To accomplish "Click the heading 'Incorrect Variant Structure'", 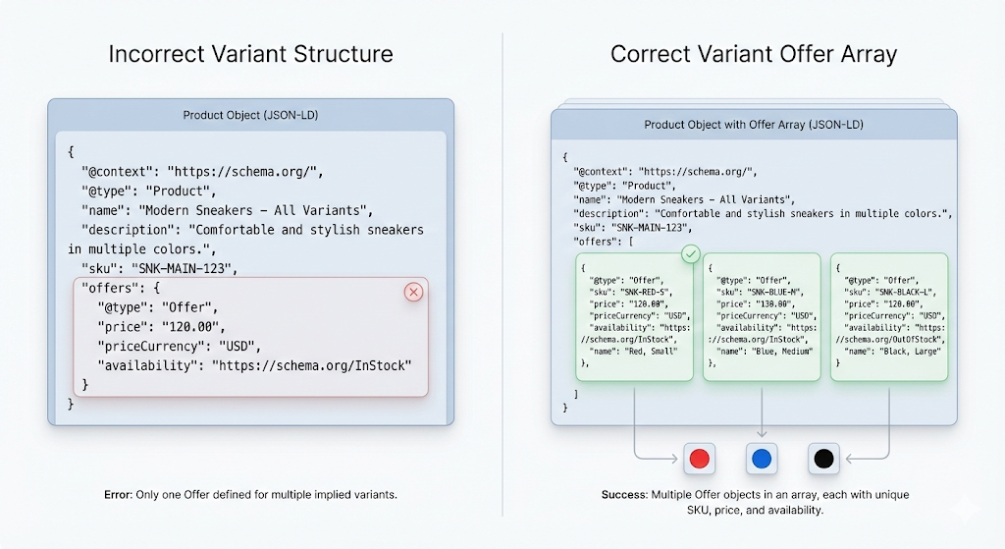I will pos(250,53).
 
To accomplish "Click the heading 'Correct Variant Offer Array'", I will pos(753,53).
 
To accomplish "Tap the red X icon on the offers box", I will pos(413,292).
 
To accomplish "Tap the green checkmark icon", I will pos(691,254).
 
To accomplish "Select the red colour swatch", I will pos(700,459).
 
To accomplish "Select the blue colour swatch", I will pos(762,459).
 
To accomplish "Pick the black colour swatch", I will pos(824,459).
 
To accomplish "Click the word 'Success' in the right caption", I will pos(623,495).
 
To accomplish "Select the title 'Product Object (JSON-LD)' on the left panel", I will pos(250,115).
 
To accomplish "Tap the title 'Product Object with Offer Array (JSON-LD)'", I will pos(754,125).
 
